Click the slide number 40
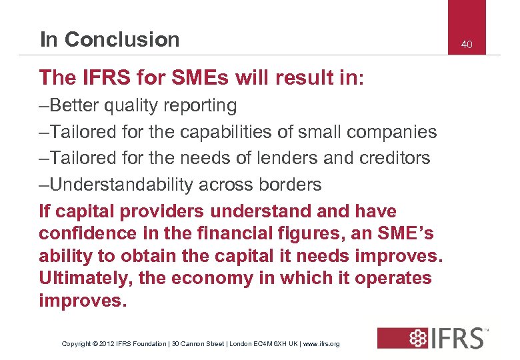click(467, 44)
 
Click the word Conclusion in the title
click(123, 39)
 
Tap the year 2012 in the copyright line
click(108, 344)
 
